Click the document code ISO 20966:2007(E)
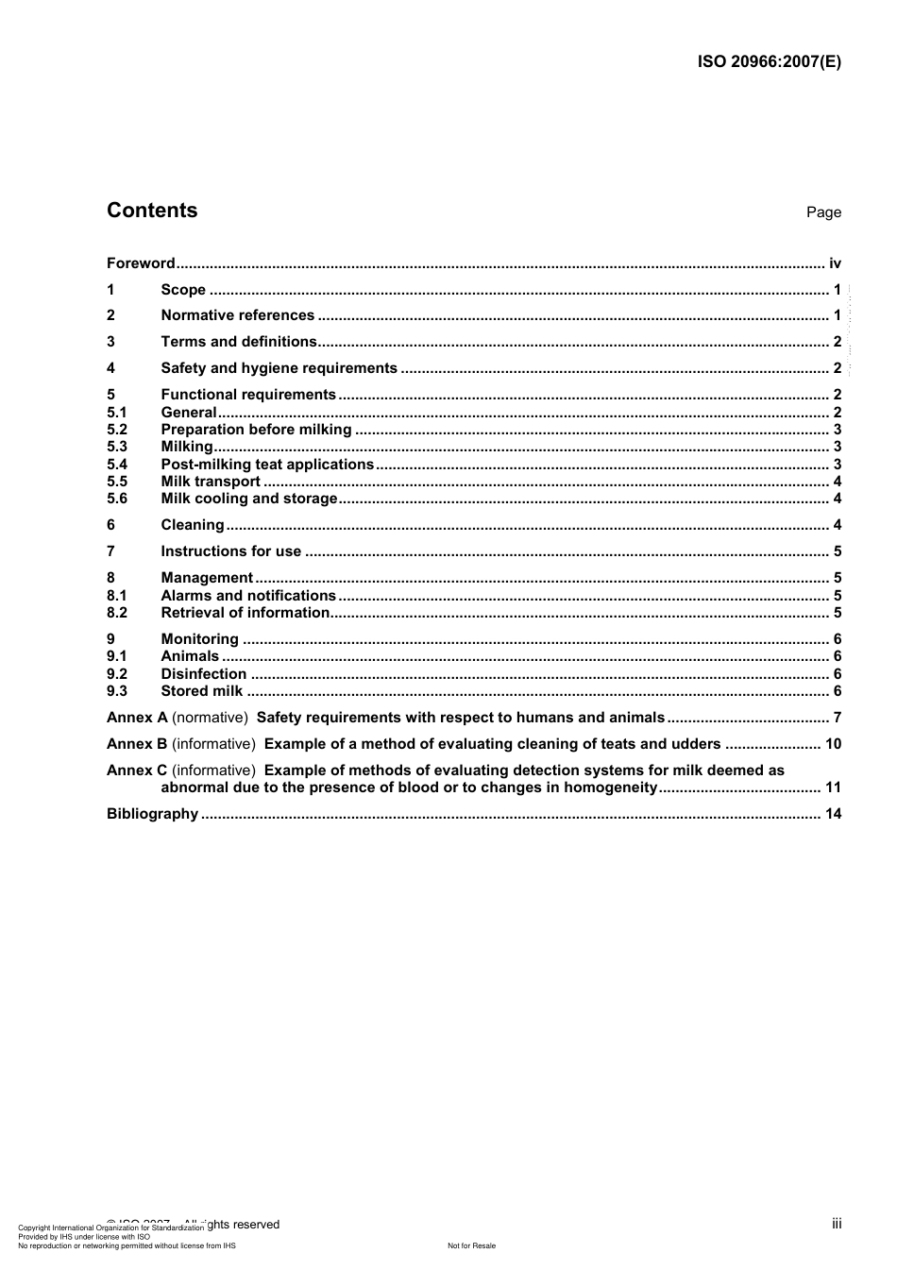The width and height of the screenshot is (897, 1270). click(769, 62)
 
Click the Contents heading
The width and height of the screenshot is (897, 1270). click(152, 211)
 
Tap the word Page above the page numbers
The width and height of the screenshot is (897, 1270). click(823, 212)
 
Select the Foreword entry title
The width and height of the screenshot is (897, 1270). click(141, 263)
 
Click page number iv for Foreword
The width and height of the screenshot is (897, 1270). click(835, 263)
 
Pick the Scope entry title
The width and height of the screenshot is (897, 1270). click(183, 290)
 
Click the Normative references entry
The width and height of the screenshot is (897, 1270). click(237, 315)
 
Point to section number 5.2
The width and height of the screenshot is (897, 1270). click(117, 430)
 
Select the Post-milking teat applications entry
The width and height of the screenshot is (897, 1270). click(267, 465)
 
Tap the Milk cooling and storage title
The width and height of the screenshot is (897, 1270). click(248, 499)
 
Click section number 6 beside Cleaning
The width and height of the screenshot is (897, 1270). click(111, 525)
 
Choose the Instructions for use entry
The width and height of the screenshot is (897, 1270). click(230, 551)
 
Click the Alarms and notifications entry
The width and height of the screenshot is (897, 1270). click(248, 596)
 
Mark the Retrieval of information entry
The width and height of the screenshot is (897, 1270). click(245, 613)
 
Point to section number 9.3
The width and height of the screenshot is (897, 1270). click(117, 691)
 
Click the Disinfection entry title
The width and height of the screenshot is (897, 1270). click(203, 674)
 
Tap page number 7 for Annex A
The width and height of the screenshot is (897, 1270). click(837, 718)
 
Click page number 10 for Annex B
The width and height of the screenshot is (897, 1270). click(833, 744)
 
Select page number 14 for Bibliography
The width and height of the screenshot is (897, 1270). click(833, 814)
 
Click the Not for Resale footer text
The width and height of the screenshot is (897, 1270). click(471, 1245)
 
